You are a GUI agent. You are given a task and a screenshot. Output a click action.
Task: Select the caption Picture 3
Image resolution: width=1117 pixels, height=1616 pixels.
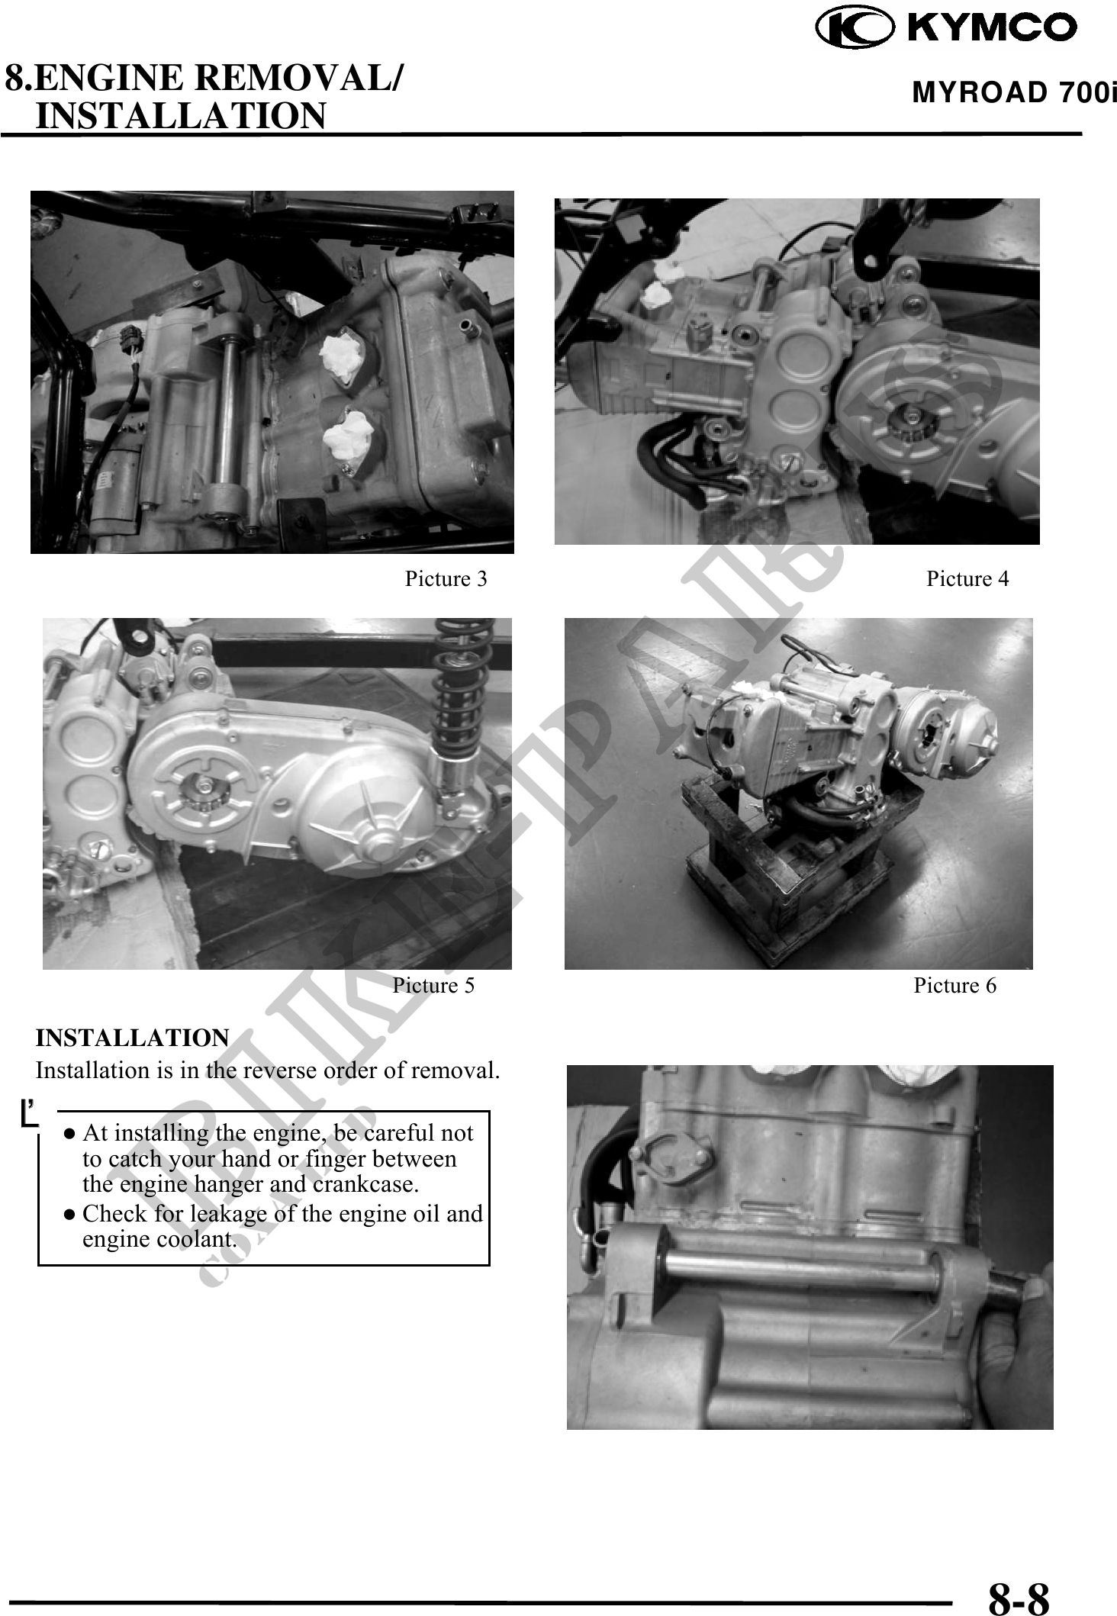[446, 579]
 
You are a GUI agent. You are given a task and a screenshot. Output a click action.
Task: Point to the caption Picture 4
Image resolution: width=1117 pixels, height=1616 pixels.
[967, 579]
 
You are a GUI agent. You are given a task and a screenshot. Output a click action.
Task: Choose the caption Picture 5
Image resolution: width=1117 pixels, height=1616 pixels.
[433, 986]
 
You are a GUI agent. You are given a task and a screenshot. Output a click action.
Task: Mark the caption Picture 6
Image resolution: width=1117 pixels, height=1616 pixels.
[955, 986]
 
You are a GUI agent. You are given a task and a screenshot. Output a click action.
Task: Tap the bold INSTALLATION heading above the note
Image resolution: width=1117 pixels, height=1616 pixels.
[133, 1038]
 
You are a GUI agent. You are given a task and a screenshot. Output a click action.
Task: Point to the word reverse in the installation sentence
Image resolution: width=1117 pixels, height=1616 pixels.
[279, 1070]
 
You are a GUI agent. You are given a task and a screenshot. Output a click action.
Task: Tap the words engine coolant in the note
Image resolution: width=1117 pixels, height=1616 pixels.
[159, 1239]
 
